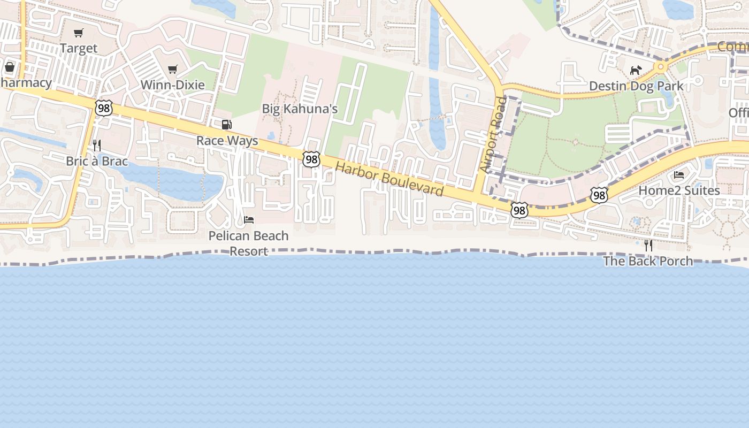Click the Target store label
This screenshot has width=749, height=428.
click(x=79, y=48)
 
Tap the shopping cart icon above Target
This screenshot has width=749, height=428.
click(x=79, y=33)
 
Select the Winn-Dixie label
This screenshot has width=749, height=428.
click(x=172, y=85)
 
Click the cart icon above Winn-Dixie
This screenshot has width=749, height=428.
click(x=172, y=69)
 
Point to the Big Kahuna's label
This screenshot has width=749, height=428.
click(x=300, y=109)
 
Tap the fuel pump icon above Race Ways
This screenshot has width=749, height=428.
click(x=227, y=125)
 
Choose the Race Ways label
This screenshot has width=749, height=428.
click(x=227, y=141)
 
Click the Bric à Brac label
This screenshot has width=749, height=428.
click(x=97, y=161)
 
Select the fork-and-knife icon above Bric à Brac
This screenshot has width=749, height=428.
click(x=97, y=145)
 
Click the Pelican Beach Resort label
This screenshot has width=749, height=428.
click(x=248, y=243)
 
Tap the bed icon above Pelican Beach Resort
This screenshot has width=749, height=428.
click(x=249, y=220)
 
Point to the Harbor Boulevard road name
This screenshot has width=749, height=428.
click(x=389, y=179)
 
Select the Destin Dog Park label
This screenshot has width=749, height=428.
click(x=636, y=86)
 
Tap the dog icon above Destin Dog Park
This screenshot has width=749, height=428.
click(x=636, y=70)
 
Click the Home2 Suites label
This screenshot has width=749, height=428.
click(x=679, y=190)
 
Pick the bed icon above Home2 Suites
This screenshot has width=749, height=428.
click(x=679, y=175)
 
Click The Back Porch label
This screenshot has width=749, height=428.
click(x=648, y=261)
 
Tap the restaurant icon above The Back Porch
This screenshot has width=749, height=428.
click(x=648, y=246)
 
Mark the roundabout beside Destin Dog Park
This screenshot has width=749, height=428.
click(x=661, y=67)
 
